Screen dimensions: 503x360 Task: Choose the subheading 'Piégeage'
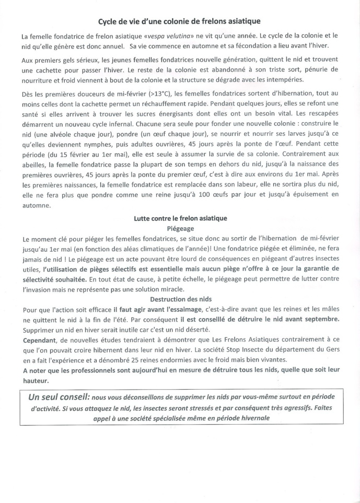180,228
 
